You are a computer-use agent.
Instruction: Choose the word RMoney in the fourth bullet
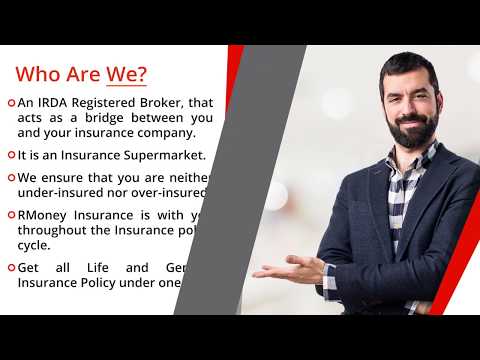[46, 215]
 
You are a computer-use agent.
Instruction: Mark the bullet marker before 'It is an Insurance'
[10, 156]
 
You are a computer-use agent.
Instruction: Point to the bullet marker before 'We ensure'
[10, 178]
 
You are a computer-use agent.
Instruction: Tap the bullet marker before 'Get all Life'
[10, 268]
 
